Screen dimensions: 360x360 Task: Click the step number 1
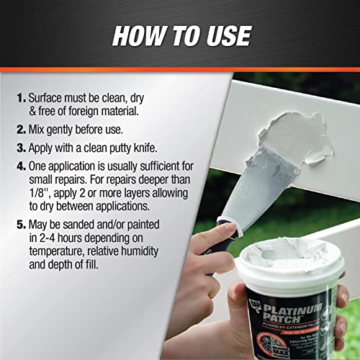tap(20, 96)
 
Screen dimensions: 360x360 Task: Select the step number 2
tap(20, 131)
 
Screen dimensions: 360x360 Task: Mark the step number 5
tap(20, 228)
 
